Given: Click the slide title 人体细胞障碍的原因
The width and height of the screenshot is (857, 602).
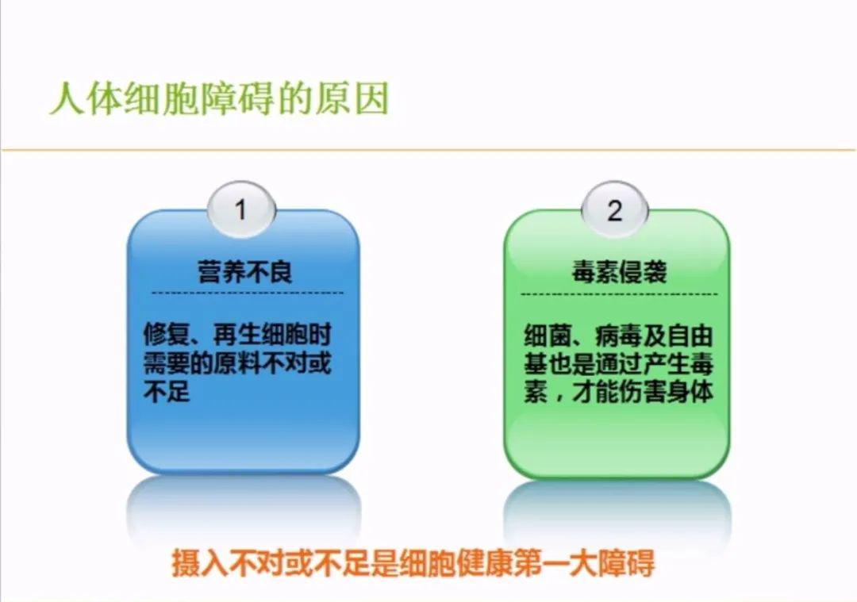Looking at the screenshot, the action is pos(219,99).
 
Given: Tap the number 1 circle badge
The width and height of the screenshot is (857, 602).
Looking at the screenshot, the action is pos(241,209).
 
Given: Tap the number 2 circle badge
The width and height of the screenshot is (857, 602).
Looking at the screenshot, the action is pos(615,209).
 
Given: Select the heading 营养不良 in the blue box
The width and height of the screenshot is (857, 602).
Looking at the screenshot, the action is pos(245,271).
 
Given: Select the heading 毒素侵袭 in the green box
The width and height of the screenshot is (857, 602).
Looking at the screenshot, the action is pos(619,271).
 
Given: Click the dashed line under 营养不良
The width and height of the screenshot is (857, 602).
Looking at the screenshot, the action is pos(247,293).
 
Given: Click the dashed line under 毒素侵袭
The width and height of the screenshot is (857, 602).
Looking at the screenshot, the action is pos(619,294).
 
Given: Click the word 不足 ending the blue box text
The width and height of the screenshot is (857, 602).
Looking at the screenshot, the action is pos(167,390).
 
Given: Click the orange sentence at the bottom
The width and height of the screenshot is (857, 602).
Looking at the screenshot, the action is pos(413,562).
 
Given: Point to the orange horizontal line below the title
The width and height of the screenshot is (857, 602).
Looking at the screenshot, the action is pos(428,149).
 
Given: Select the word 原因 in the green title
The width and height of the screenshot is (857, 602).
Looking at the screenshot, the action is pos(352,99).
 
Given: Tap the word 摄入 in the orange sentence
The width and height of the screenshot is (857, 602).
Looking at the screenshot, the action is pos(200,562).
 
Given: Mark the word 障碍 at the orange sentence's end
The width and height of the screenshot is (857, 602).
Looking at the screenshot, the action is pos(626,562).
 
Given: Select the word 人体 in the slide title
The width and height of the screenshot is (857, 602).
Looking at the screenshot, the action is pos(86,99).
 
